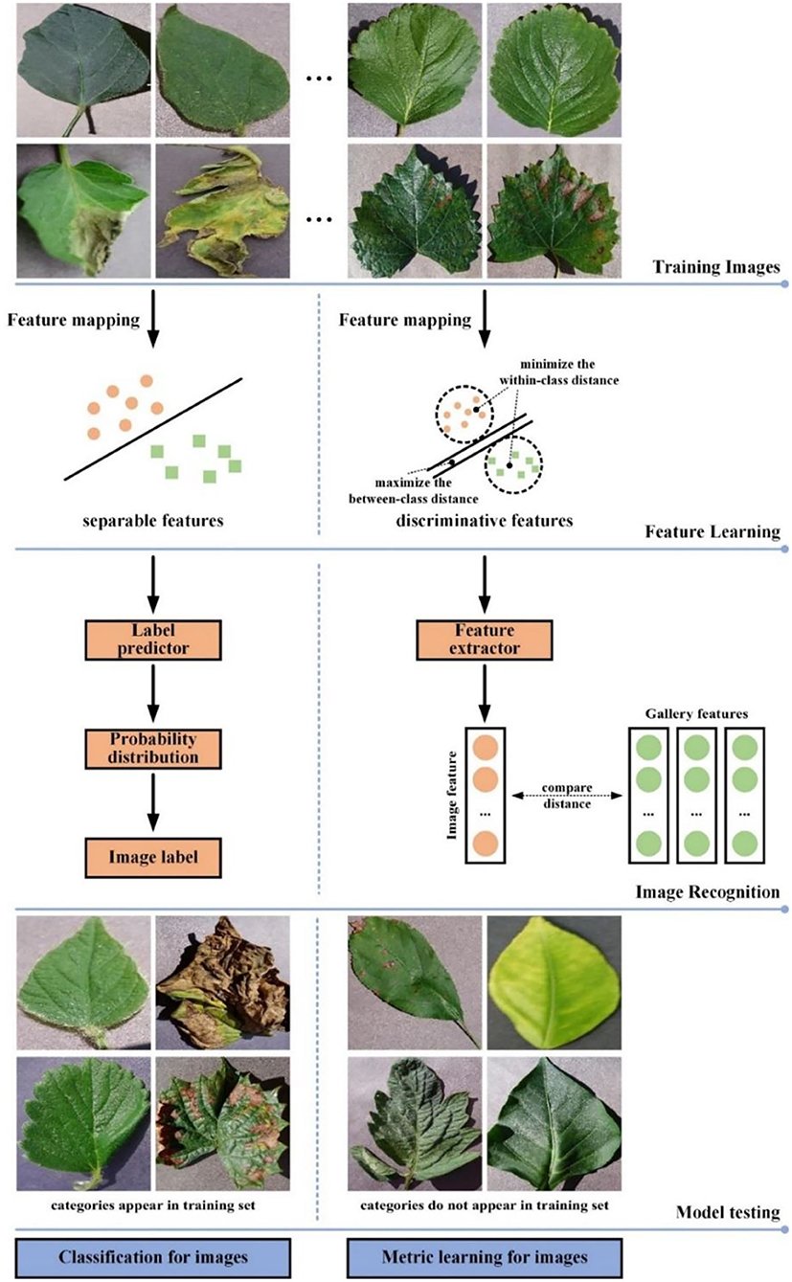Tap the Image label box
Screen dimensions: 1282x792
tap(153, 857)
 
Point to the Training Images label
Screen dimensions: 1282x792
tap(717, 268)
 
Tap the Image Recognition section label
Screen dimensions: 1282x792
tap(708, 891)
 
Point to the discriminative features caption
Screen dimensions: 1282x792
tap(485, 522)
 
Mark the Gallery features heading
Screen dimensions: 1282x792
tap(695, 713)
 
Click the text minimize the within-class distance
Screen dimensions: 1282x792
tap(569, 372)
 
